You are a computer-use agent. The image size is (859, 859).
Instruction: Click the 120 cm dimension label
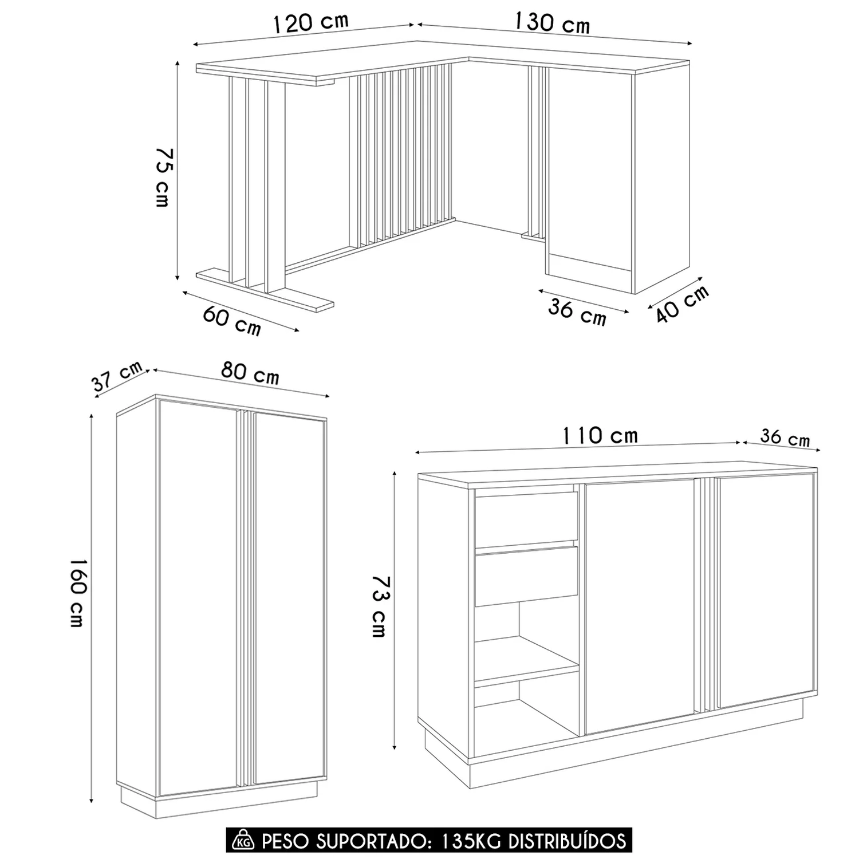point(310,22)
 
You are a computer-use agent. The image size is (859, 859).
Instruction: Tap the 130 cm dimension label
point(551,22)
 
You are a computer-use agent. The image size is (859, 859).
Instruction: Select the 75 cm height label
point(163,176)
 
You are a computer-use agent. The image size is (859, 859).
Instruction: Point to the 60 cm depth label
point(232,321)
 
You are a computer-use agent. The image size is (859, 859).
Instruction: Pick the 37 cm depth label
point(117,376)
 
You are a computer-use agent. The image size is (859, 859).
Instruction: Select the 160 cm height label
point(78,592)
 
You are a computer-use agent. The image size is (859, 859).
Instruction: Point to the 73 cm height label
point(379,606)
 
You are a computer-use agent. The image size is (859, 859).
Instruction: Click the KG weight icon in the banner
point(243,841)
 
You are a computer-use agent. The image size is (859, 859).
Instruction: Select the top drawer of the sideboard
point(526,518)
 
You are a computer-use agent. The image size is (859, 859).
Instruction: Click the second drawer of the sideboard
point(526,575)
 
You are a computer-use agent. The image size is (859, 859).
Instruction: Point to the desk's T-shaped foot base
point(265,289)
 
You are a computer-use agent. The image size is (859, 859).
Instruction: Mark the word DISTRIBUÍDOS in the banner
point(568,841)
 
